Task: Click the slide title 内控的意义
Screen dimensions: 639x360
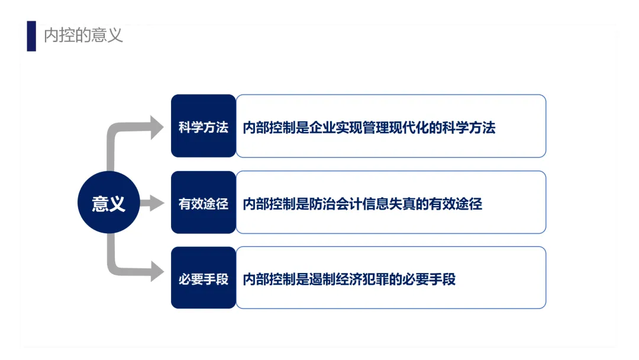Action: [x=83, y=36]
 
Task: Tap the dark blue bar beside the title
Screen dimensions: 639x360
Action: [x=31, y=36]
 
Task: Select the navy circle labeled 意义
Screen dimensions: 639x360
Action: [x=108, y=203]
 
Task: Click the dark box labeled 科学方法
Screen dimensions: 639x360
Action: [x=203, y=126]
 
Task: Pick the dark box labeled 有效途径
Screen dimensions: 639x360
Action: [x=203, y=203]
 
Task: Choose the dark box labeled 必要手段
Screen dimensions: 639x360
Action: [x=203, y=278]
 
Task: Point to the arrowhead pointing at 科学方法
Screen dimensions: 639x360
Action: [x=157, y=127]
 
